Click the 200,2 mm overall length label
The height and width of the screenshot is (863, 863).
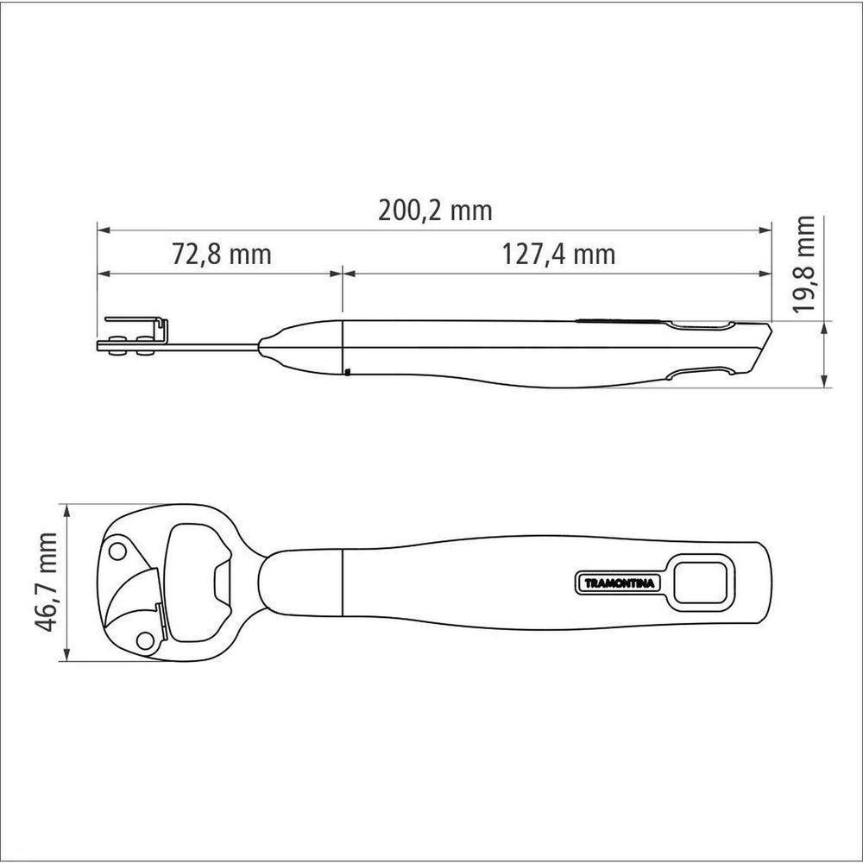435,211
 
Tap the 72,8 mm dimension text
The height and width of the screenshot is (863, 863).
222,255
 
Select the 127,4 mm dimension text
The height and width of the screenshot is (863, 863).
558,255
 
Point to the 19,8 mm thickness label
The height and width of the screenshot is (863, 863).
804,264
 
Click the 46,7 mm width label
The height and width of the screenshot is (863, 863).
45,583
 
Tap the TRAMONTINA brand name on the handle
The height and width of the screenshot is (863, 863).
620,583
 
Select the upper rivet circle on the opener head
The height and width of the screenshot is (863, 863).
117,551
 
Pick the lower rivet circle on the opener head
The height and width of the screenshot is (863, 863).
145,640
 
